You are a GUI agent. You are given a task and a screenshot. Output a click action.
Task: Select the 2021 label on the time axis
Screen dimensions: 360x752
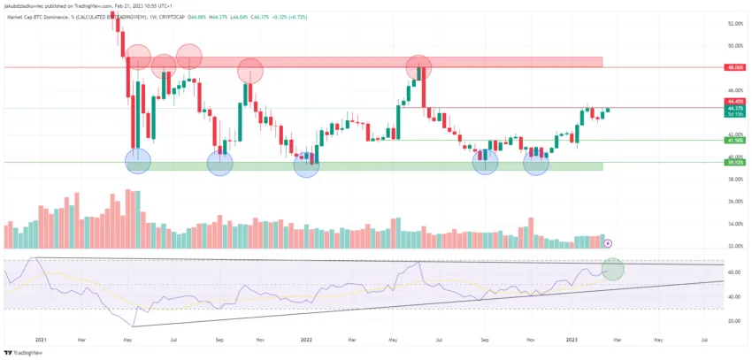[41, 339]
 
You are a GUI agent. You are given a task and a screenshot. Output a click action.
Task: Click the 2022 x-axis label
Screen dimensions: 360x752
[307, 339]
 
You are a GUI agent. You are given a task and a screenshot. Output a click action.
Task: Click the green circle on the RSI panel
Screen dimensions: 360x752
[612, 269]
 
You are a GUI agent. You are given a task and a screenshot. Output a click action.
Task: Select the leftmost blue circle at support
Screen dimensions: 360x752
[138, 161]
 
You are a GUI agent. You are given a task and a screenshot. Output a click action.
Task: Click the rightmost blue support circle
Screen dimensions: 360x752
[536, 163]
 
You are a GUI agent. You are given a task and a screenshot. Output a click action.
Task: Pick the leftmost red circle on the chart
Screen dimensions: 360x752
[138, 57]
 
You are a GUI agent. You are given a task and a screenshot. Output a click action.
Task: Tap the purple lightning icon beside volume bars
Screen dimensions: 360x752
[608, 242]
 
